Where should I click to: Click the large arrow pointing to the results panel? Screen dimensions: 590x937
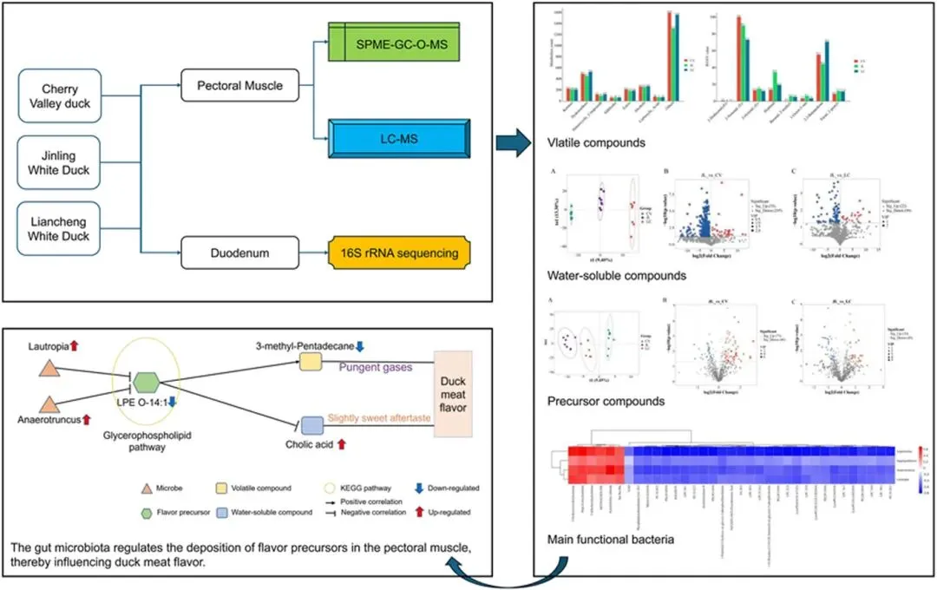(x=513, y=141)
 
